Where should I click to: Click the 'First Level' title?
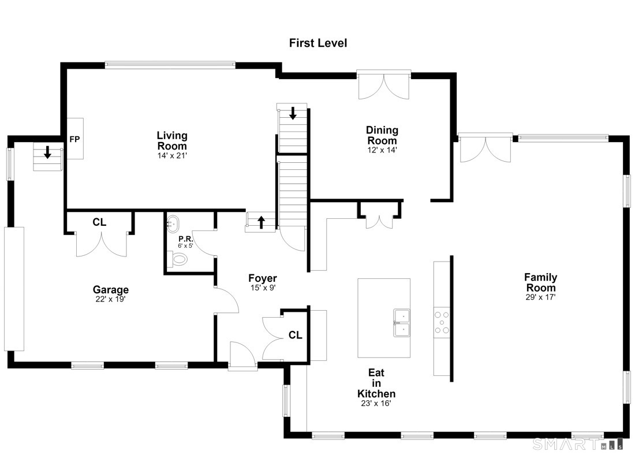coord(318,43)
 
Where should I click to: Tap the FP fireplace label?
coord(74,139)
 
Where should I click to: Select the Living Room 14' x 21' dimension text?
coord(172,155)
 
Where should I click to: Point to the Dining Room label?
coord(382,135)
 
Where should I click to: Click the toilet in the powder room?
coord(178,259)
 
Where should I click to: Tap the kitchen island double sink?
coord(401,323)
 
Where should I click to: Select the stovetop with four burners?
coord(442,322)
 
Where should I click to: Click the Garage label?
coord(111,290)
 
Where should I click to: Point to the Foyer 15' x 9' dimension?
coord(263,288)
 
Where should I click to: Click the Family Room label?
coord(541,282)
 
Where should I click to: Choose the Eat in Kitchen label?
coord(376,383)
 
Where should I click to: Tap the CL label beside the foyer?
coord(295,335)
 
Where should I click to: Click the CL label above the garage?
coord(99,222)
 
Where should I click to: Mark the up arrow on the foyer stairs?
coord(261,222)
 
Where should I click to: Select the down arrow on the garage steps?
coord(47,152)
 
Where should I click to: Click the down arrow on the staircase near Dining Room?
coord(293,113)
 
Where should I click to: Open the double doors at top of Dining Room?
coord(384,86)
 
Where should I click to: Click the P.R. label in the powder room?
coord(185,239)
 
